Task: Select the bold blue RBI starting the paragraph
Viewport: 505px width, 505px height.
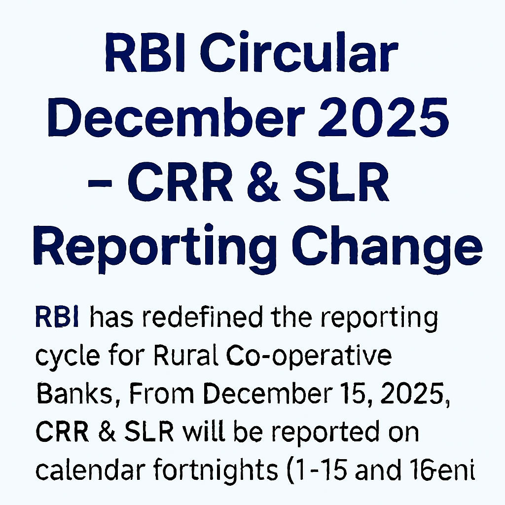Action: (x=56, y=318)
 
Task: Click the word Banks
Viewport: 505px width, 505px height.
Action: (x=71, y=393)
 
